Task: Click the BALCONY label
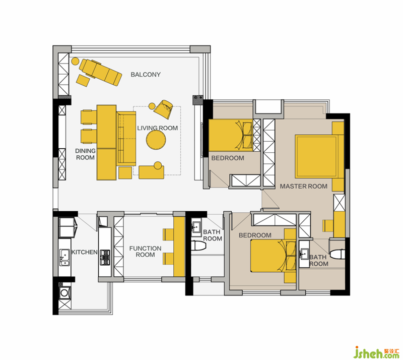146,75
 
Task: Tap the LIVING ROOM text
157,128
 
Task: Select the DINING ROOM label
85,154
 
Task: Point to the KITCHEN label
84,252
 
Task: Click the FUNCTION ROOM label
145,252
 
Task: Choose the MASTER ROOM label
304,186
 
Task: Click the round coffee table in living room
156,140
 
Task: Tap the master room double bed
319,156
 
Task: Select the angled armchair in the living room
163,109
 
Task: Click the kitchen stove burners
105,257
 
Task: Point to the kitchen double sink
64,257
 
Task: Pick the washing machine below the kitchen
64,292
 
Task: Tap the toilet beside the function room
199,246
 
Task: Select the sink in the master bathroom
305,254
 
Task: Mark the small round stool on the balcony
75,61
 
